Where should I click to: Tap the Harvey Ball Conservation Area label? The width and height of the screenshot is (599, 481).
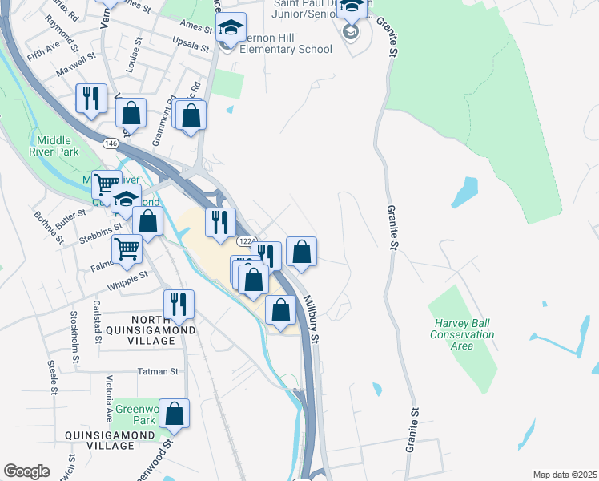[462, 334]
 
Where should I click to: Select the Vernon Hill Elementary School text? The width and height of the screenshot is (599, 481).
[277, 43]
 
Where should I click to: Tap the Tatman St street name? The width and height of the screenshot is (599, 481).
[157, 371]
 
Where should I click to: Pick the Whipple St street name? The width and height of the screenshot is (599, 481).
[133, 275]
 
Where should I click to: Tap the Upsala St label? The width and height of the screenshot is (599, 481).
[192, 43]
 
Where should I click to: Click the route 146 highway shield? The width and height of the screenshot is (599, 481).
[111, 143]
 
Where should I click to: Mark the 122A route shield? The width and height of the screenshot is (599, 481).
[246, 240]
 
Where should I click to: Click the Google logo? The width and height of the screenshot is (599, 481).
[26, 471]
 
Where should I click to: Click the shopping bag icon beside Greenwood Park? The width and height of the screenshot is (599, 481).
[174, 413]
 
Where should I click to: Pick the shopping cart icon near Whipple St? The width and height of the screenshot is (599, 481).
[127, 249]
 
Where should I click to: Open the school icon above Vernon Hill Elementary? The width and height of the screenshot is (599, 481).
[230, 30]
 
